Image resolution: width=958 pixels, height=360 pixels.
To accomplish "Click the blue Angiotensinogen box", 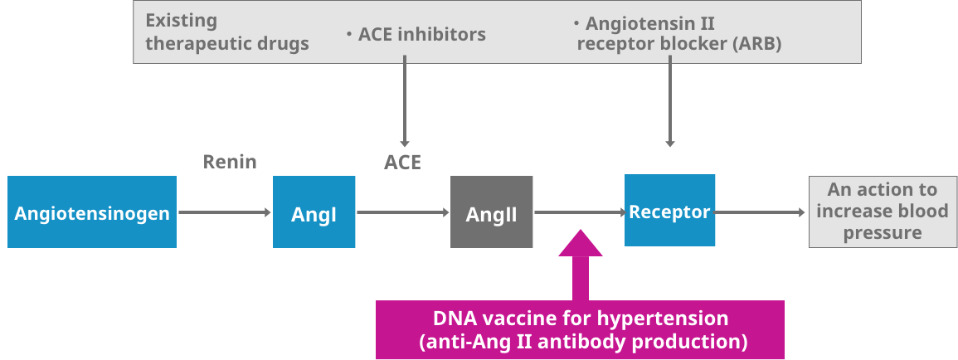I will tap(92, 212).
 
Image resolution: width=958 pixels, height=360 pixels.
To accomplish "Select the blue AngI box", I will tap(314, 212).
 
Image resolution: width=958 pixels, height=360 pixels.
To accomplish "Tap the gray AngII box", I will tap(491, 212).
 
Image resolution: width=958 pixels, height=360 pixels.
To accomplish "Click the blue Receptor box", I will tap(669, 211).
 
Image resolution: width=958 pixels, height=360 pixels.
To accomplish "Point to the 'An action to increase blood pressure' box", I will tap(882, 212).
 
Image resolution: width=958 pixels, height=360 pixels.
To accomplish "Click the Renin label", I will tap(230, 162).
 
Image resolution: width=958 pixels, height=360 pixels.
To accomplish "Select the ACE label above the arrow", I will tap(402, 163).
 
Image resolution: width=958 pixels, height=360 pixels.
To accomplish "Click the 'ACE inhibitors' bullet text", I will tap(416, 35).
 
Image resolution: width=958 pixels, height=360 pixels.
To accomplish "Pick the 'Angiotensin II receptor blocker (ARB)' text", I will tap(678, 33).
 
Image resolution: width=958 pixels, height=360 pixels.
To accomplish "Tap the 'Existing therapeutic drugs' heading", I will tap(226, 32).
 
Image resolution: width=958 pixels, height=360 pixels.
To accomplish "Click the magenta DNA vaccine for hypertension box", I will tap(580, 329).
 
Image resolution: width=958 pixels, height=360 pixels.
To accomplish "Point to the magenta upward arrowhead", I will tap(581, 246).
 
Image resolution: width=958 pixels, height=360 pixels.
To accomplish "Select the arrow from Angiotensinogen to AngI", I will tap(225, 213).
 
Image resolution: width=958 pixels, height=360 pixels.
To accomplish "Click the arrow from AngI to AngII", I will tap(402, 213).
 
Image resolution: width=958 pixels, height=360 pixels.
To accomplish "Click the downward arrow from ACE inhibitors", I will tap(405, 100).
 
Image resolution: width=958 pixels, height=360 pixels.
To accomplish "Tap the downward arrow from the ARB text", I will tap(669, 100).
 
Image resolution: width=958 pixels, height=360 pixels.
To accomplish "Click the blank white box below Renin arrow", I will tap(235, 278).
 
